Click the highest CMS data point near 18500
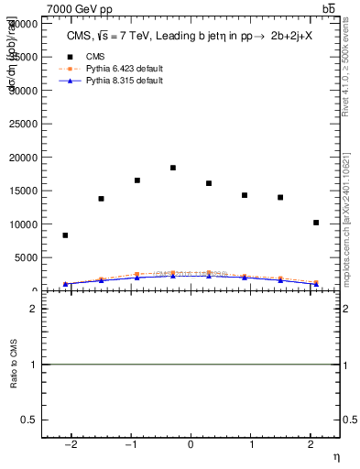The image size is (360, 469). [173, 168]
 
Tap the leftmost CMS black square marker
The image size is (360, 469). [65, 235]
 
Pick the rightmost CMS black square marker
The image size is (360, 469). [316, 223]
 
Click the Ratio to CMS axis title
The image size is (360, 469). [14, 365]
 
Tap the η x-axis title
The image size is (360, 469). [335, 456]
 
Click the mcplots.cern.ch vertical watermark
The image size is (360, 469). [352, 220]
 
